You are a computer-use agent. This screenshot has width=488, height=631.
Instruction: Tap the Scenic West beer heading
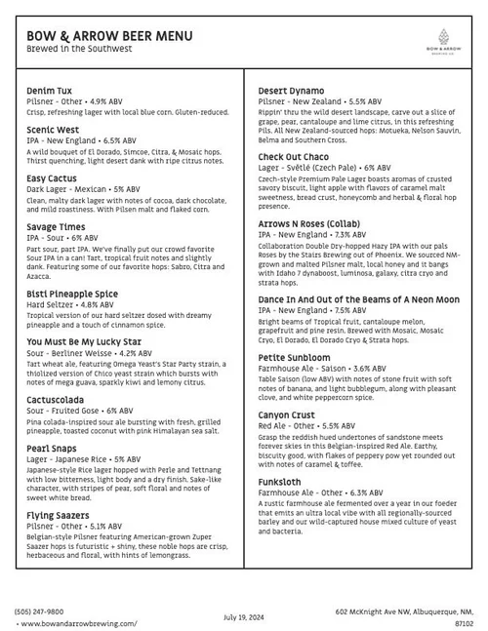coord(54,129)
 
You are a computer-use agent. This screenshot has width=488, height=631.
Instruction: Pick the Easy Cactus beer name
coord(53,178)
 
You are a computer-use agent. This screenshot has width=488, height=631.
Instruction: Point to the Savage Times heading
coord(57,227)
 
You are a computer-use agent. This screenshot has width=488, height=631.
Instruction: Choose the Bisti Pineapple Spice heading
coord(73,293)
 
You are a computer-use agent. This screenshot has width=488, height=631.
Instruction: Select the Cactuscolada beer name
coord(61,400)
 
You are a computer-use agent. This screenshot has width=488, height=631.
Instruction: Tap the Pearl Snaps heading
coord(53,448)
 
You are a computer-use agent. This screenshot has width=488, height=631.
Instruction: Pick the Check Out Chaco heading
coord(294,156)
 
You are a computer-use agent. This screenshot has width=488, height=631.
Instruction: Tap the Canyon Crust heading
coord(288,415)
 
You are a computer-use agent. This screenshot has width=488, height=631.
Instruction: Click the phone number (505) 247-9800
coord(36,611)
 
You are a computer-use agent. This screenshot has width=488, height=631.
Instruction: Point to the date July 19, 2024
coord(244,616)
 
